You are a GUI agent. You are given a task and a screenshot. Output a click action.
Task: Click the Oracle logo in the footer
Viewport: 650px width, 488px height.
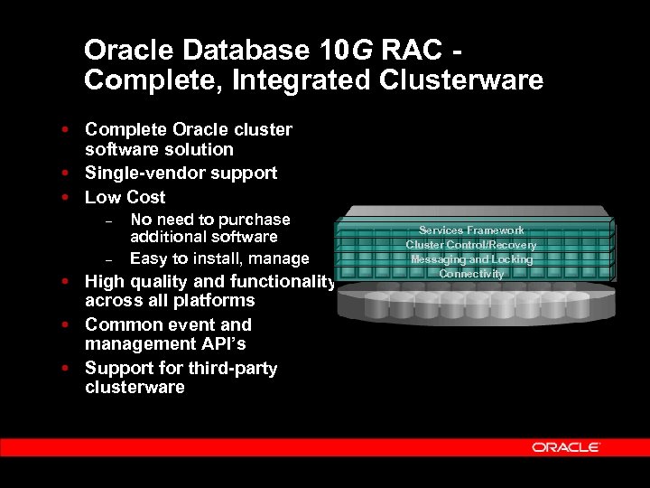click(566, 447)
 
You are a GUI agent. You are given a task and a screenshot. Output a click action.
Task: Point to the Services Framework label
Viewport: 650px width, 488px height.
click(471, 230)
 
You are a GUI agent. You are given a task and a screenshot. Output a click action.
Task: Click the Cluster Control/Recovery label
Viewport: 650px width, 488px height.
click(471, 245)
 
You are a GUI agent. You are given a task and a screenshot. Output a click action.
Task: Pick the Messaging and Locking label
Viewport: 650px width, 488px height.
click(471, 259)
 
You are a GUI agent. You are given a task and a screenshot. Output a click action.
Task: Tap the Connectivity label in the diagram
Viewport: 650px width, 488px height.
click(471, 274)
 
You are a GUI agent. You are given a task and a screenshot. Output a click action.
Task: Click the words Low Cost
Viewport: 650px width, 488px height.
click(125, 197)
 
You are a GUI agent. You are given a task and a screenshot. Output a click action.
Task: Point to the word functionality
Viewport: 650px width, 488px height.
click(283, 281)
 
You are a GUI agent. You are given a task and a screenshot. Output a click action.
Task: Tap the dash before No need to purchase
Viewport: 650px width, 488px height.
click(107, 221)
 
